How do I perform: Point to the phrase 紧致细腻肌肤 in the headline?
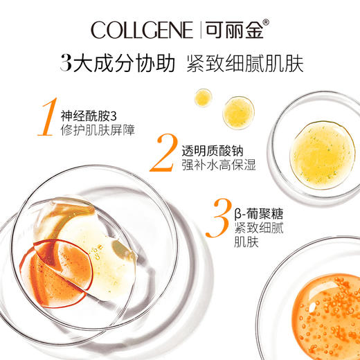click(x=245, y=64)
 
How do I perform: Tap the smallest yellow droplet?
click(x=202, y=98)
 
